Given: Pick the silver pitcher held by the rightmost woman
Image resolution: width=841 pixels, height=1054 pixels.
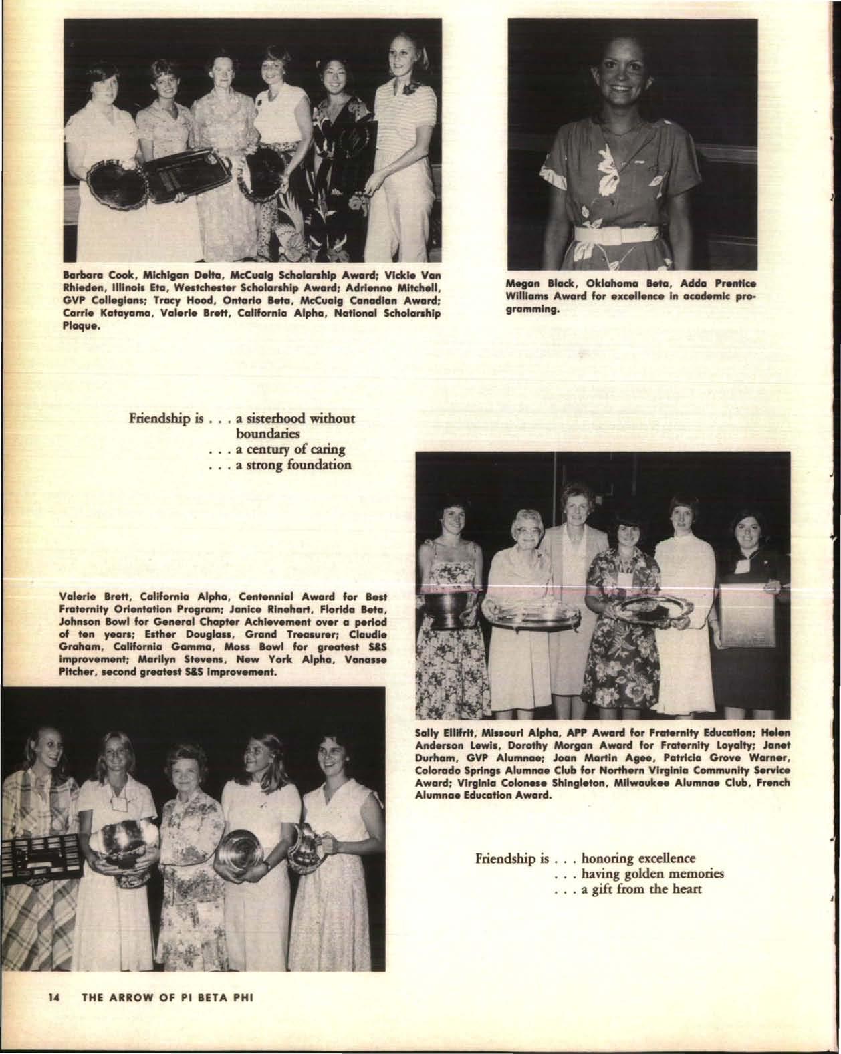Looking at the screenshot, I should [x=308, y=843].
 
